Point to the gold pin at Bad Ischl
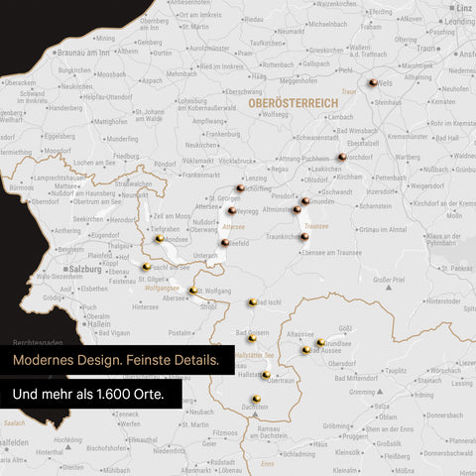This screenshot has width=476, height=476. [252, 302]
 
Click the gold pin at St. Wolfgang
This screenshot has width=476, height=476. [193, 291]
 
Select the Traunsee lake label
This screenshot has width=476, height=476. [317, 226]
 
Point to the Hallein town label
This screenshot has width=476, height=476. [99, 322]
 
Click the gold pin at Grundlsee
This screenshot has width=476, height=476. [320, 342]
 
